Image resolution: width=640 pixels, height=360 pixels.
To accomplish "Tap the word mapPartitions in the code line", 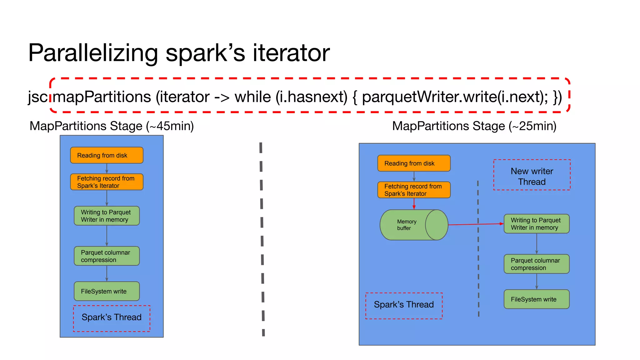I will [102, 97].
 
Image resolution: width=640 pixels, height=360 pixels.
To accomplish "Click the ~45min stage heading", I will [112, 126].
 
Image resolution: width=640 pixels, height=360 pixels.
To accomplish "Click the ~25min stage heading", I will [474, 126].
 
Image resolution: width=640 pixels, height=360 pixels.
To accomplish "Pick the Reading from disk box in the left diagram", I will [107, 155].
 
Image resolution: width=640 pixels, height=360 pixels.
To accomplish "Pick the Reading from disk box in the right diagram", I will [414, 163].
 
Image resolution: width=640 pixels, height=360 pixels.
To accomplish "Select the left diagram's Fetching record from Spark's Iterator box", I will [107, 182].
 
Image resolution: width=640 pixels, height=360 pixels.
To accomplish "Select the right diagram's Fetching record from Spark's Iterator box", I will [414, 190].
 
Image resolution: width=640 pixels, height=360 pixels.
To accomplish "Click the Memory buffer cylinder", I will [409, 225].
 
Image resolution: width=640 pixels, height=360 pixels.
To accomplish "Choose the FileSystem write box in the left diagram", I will [107, 291].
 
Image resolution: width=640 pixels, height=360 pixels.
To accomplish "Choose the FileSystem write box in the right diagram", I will [536, 299].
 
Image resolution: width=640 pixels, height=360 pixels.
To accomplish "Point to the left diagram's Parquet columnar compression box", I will [107, 256].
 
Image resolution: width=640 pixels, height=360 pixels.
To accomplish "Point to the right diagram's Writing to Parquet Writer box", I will [536, 224].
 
